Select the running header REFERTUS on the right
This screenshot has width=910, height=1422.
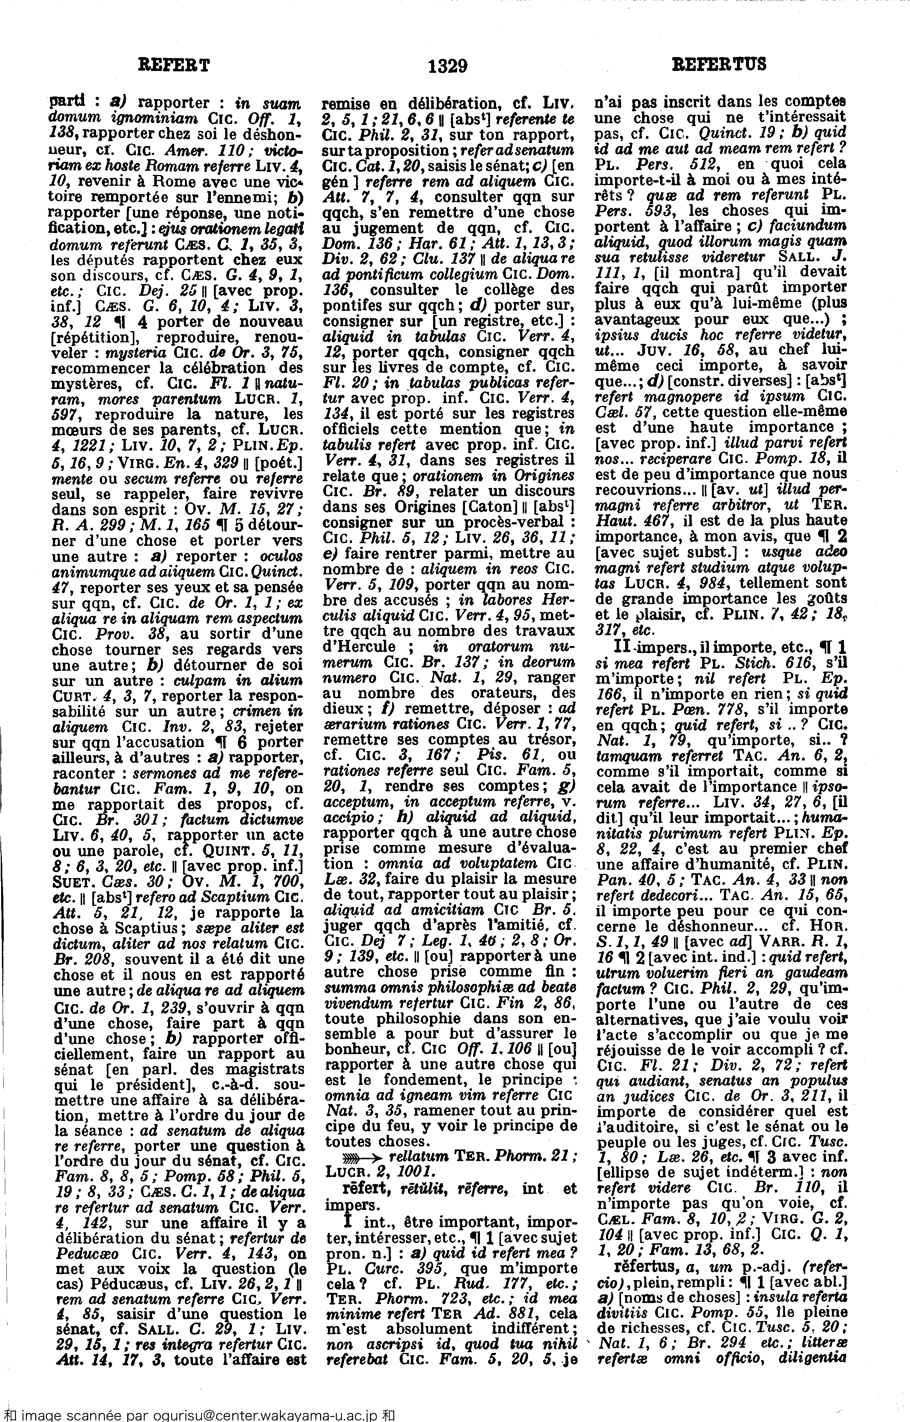(x=719, y=64)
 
